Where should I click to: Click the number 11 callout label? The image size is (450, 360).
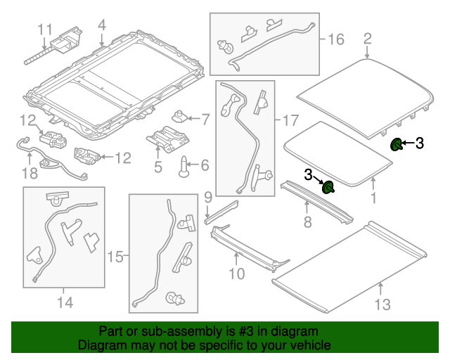click(45, 30)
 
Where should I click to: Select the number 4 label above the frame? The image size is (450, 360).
click(102, 26)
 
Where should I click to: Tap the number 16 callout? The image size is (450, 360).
click(336, 39)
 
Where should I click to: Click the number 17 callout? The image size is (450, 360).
click(290, 120)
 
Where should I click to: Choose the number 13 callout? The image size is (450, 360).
click(381, 304)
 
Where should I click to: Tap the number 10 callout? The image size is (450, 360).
click(237, 271)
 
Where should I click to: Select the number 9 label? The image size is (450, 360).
click(208, 195)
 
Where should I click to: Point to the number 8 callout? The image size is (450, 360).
click(307, 224)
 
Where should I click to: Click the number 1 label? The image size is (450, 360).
click(373, 199)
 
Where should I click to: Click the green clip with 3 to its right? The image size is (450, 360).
click(397, 145)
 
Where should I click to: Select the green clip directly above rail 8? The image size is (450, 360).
click(328, 187)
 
